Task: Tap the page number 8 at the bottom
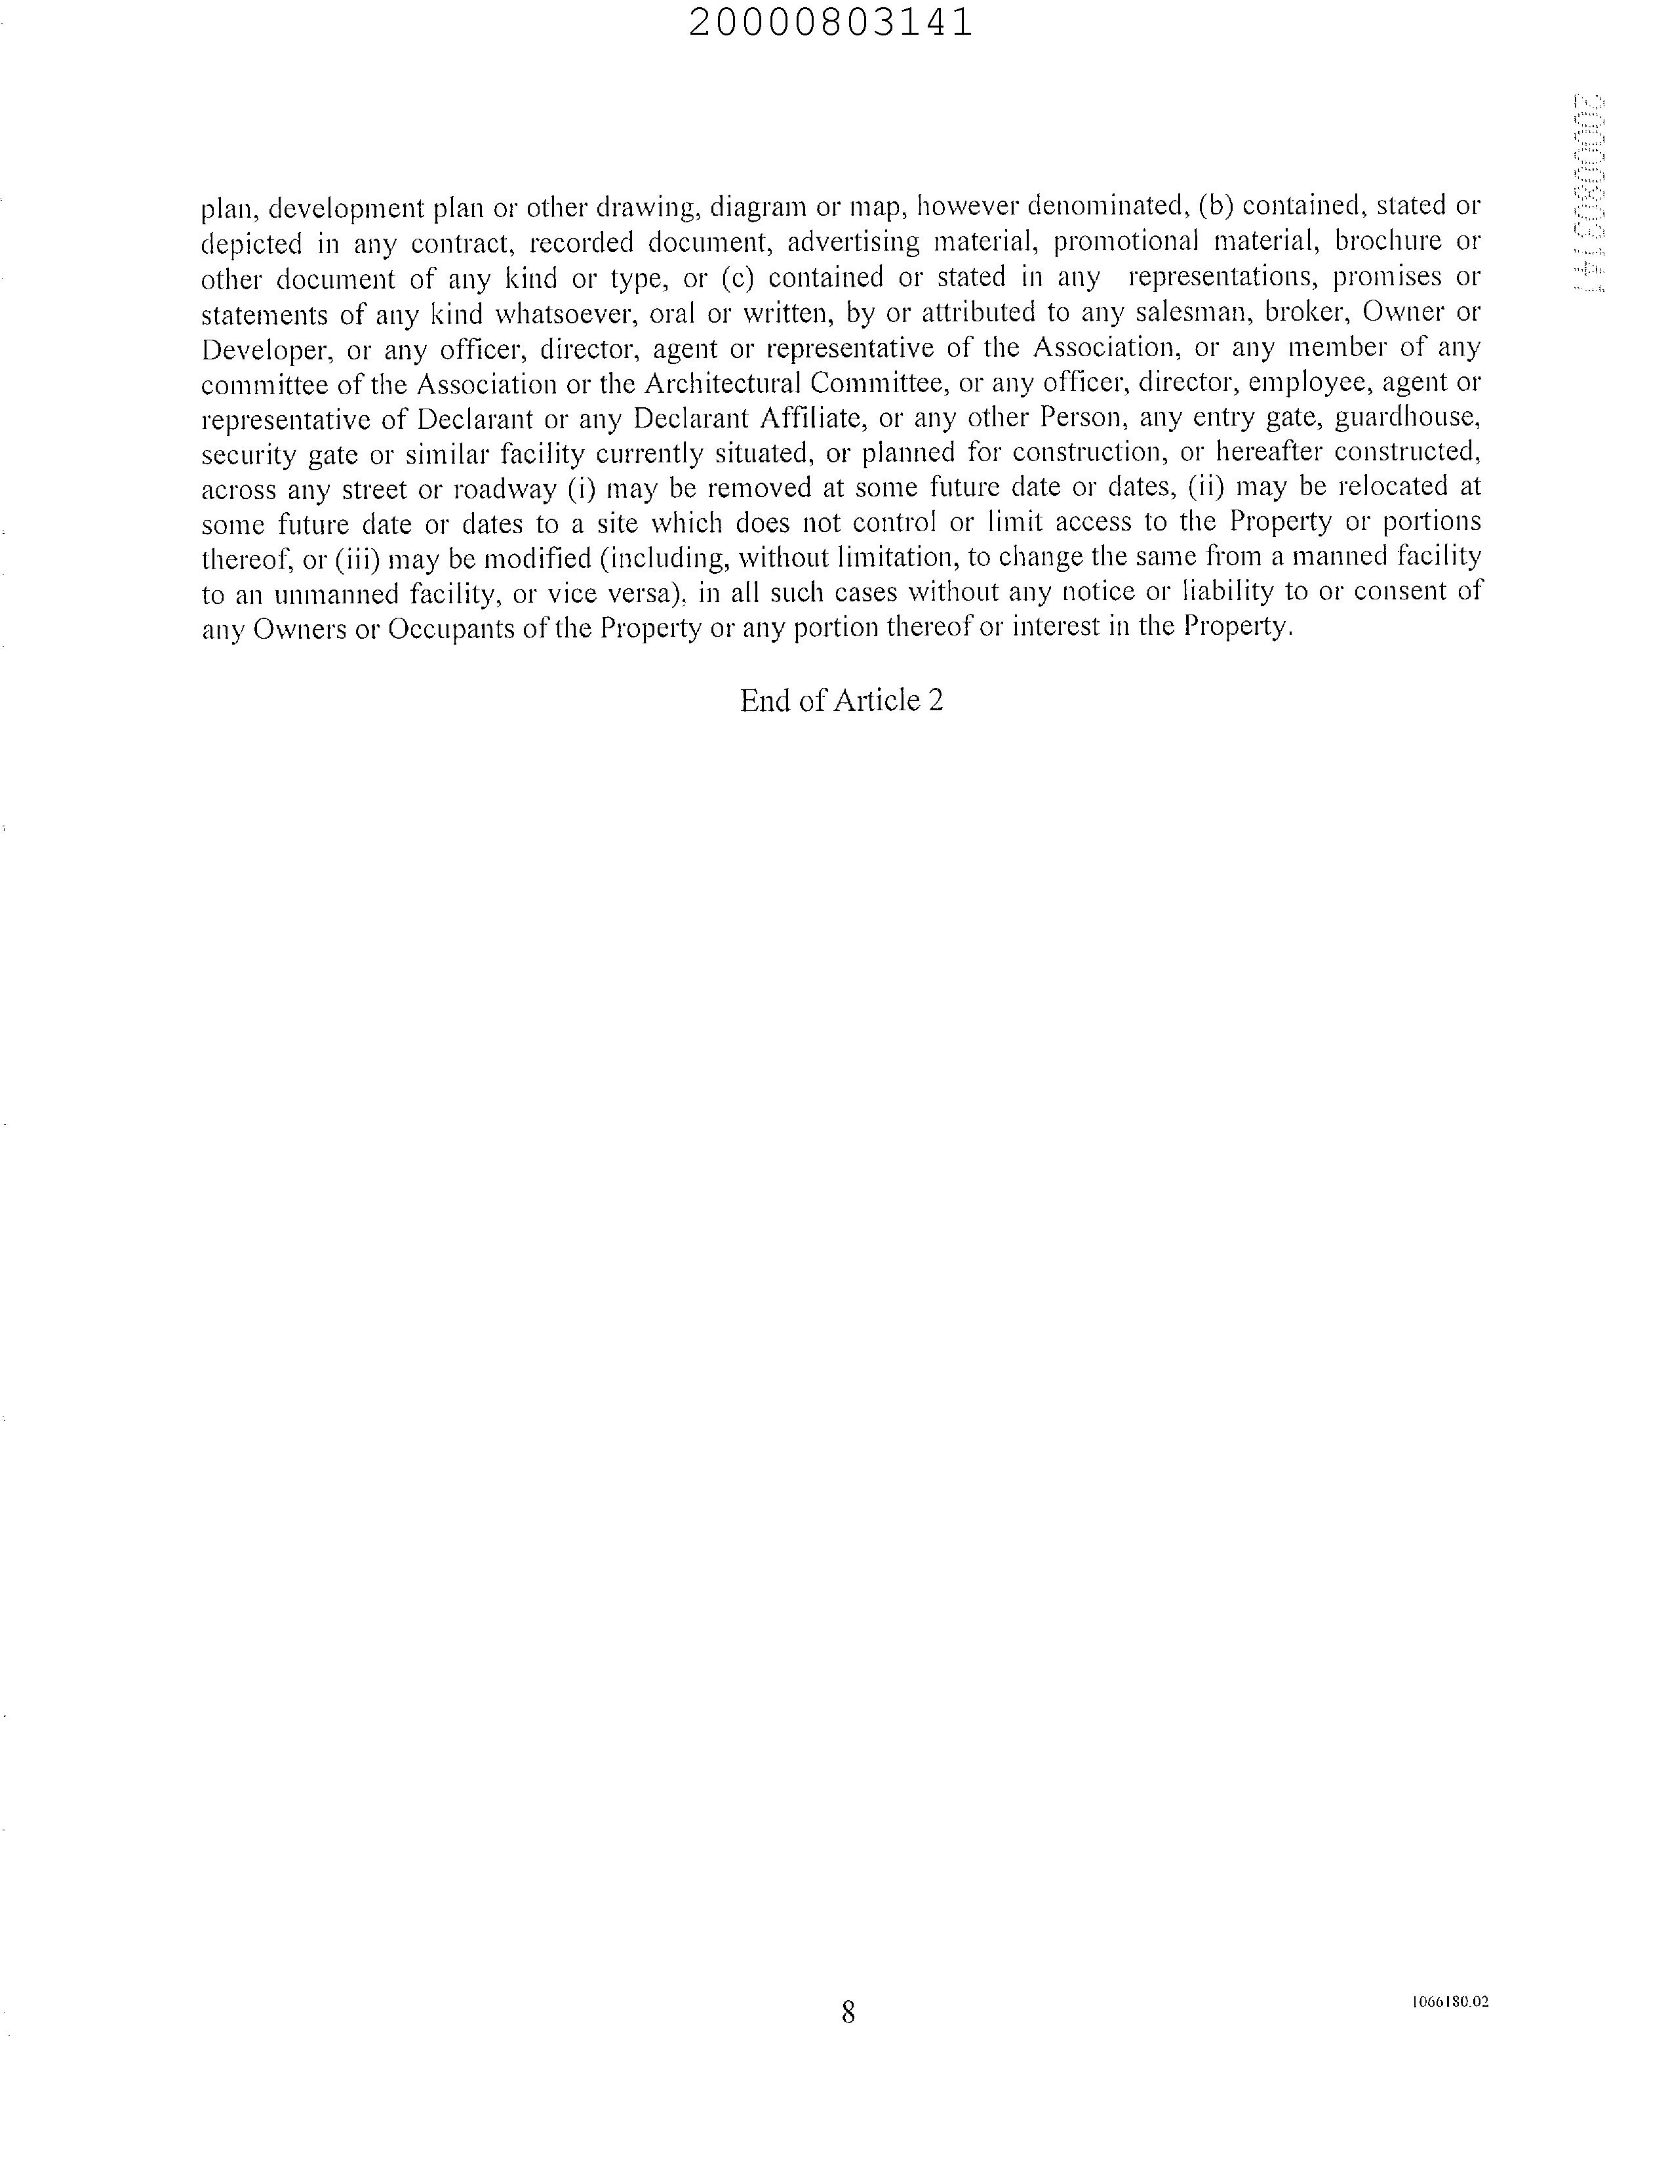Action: [848, 2012]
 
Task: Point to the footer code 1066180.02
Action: [1450, 2002]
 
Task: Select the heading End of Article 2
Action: [841, 701]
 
